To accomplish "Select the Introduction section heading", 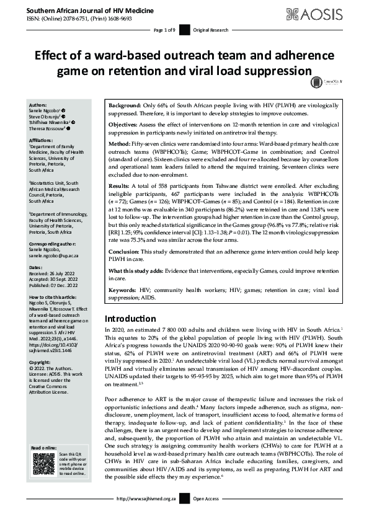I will (133, 319).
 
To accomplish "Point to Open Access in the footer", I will (206, 516).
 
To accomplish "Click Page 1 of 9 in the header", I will (165, 30).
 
